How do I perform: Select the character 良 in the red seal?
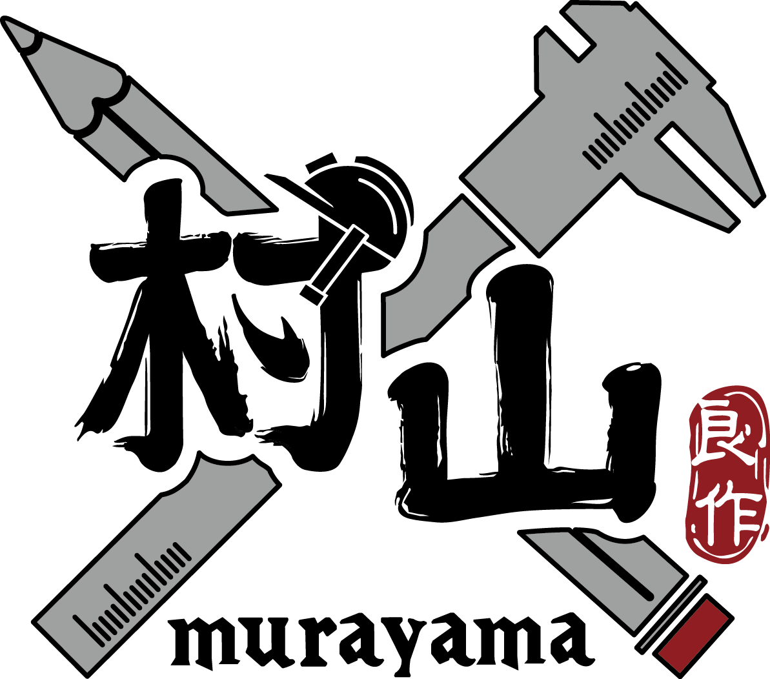point(726,439)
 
